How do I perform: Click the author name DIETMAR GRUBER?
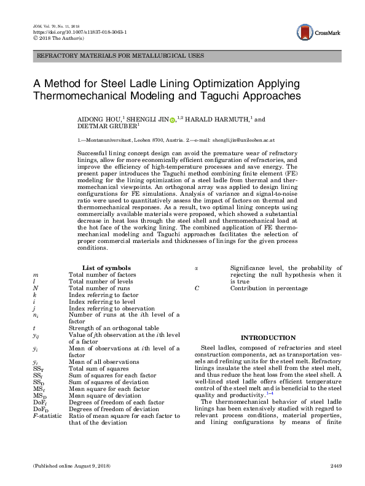(x=106, y=129)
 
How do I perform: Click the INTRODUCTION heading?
(x=267, y=337)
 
